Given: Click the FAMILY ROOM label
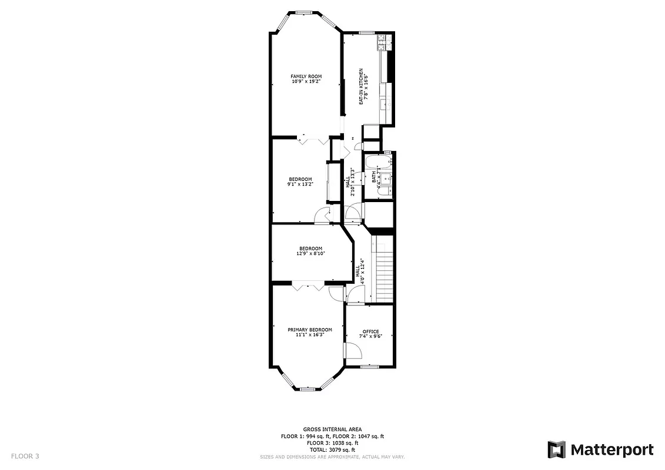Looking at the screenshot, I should tap(306, 76).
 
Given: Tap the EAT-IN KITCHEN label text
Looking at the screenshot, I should tap(361, 86).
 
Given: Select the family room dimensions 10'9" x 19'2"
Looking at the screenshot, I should tap(306, 82).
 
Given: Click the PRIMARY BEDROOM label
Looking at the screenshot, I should tap(310, 330).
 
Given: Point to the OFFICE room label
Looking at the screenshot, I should tap(370, 331).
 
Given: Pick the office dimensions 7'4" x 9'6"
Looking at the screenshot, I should tap(370, 337).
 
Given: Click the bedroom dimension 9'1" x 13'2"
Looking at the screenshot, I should tap(300, 184).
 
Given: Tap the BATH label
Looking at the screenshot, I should tap(374, 177).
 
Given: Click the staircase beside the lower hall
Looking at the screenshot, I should tap(383, 270).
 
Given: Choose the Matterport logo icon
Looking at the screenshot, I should tap(557, 450).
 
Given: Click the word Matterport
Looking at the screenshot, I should tap(611, 450).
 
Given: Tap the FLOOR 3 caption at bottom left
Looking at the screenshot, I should tap(25, 456).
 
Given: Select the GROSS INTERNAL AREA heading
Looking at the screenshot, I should tap(332, 429).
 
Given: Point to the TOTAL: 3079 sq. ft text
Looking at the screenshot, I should tap(332, 450).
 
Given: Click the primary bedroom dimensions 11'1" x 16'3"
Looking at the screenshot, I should tap(310, 335).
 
